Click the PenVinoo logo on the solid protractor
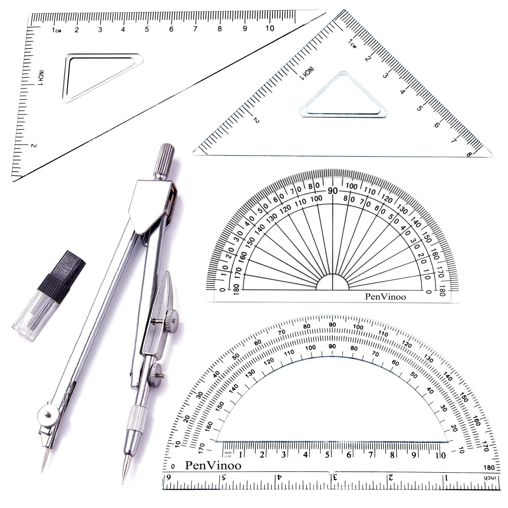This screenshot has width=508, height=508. (x=385, y=297)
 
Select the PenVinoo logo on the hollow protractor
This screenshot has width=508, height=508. (x=213, y=466)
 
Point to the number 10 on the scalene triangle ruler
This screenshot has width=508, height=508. (x=269, y=28)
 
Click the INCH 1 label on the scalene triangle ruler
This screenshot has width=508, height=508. (x=41, y=78)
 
